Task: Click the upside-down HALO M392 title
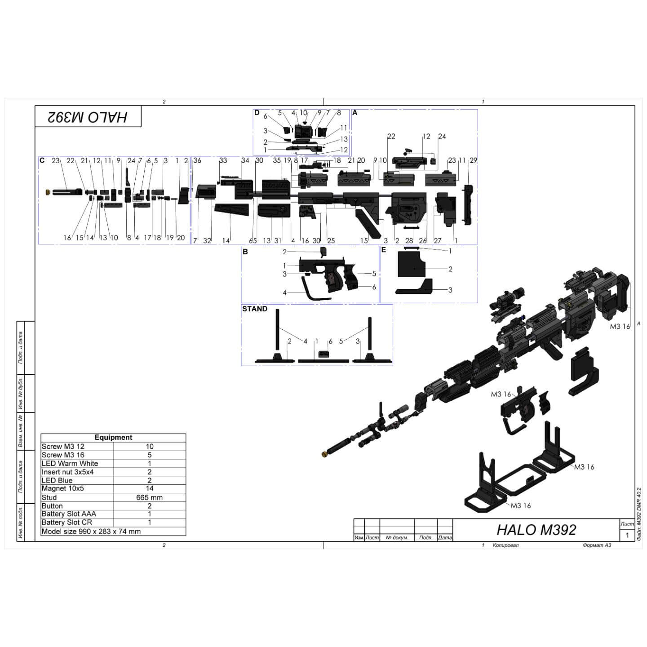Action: (88, 117)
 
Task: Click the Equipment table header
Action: (113, 438)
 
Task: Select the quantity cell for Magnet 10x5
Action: (149, 488)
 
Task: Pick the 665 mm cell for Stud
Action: (149, 497)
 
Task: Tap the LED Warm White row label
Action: (70, 463)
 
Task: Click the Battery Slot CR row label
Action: (66, 523)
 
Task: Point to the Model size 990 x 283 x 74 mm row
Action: (91, 532)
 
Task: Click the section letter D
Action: (257, 113)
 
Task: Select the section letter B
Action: (245, 252)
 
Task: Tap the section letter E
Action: (384, 250)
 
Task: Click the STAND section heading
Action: (255, 309)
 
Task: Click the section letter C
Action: (42, 160)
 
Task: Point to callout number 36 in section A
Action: (197, 160)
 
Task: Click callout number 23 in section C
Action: (55, 160)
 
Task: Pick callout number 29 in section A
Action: (473, 160)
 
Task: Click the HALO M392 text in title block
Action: (536, 530)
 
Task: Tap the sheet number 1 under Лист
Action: (627, 535)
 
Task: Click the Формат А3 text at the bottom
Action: (597, 545)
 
